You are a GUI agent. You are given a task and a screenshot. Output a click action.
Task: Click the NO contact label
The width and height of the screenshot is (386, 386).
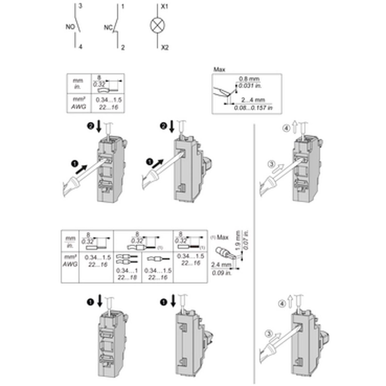pos(70,27)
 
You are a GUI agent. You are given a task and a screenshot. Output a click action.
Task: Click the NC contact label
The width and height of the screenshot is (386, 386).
pos(107,28)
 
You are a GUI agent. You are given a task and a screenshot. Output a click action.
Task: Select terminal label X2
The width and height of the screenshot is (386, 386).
pos(164,48)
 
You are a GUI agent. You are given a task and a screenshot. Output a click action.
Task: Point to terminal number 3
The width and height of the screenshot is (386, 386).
pos(80,6)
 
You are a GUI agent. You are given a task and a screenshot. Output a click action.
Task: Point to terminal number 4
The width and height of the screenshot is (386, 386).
pos(80,47)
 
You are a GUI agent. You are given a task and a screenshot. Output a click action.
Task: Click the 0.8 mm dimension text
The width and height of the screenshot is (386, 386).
pos(249,79)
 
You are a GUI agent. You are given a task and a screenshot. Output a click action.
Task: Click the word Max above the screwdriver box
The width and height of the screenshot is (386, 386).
pos(219,69)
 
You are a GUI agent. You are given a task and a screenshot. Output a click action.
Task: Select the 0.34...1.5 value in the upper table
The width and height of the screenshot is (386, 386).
pos(109,100)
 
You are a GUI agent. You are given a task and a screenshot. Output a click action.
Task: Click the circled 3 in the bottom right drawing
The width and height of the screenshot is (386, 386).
pos(269,334)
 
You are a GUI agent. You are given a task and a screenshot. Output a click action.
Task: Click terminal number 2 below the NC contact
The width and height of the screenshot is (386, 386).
pos(123,48)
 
